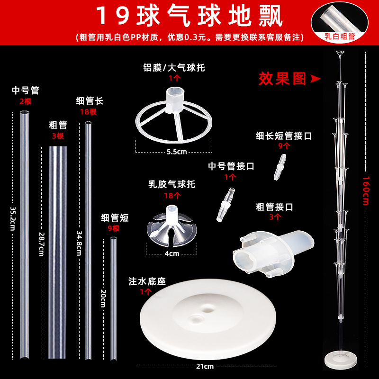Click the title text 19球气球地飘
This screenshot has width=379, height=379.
point(189,16)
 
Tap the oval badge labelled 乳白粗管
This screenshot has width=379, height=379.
point(339,22)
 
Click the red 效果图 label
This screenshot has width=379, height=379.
point(282,79)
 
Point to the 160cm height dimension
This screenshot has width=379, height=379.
point(366,191)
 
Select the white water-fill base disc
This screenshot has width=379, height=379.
point(208,319)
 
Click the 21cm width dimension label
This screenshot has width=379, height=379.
point(205,366)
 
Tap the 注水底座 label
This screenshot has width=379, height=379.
point(147,281)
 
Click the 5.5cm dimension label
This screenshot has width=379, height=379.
point(177,152)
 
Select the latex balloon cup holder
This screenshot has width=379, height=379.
point(171,226)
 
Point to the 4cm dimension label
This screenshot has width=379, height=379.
point(172,253)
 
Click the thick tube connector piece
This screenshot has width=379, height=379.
point(273,253)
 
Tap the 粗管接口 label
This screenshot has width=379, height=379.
point(274,207)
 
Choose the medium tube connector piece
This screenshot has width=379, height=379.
point(226,205)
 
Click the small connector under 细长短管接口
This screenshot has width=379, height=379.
point(280,167)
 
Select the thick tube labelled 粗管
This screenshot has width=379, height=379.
point(58,252)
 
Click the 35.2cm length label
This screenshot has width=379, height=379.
point(13,218)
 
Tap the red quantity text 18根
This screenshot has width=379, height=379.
point(88,112)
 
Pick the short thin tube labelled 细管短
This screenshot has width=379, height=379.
point(113,298)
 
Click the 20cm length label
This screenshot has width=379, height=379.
point(103,298)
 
